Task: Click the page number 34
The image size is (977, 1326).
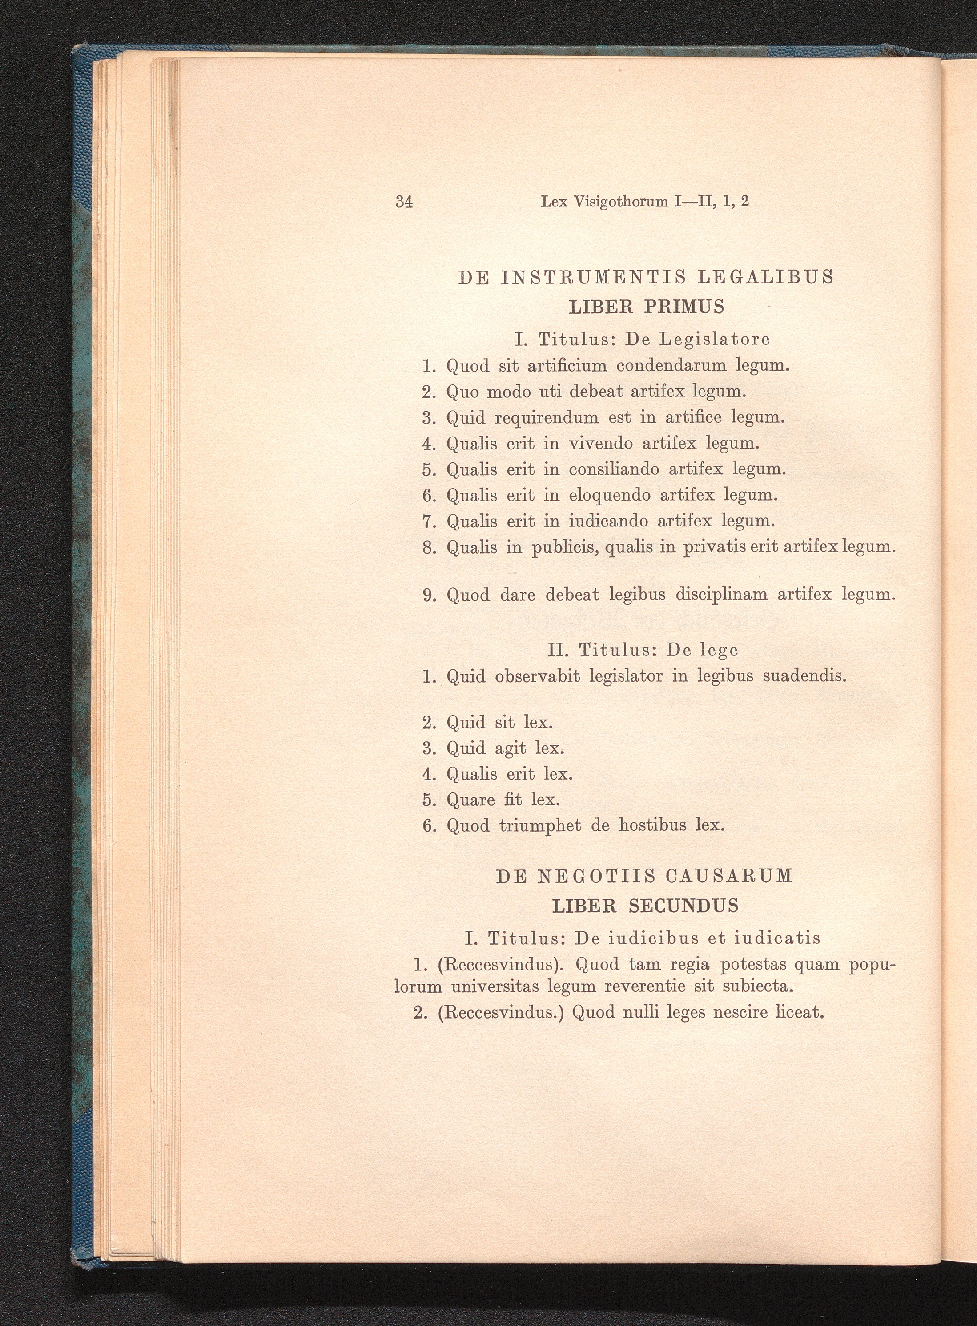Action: click(x=404, y=202)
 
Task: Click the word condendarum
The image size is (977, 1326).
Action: click(x=671, y=366)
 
